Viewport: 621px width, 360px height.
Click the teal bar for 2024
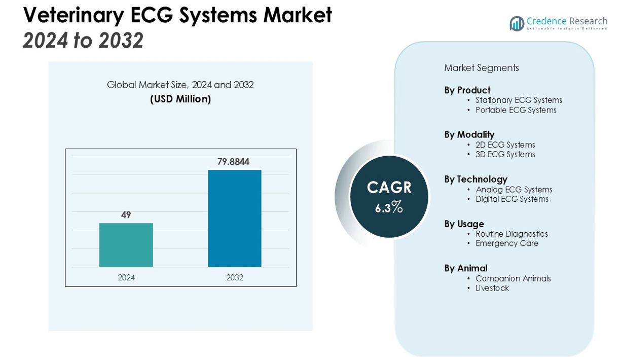tap(126, 245)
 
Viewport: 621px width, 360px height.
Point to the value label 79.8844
tap(233, 162)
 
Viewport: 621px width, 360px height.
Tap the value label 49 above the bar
tap(126, 215)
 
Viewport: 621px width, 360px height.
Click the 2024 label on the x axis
tap(126, 277)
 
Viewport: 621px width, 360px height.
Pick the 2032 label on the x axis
tap(235, 277)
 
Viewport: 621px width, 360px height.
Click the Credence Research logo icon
tap(517, 23)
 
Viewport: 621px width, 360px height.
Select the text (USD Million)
tap(180, 99)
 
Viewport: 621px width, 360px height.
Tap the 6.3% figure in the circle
tap(389, 207)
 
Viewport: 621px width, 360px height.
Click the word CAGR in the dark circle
tap(389, 188)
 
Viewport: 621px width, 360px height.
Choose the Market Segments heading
tap(481, 68)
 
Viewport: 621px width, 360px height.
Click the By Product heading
tap(467, 90)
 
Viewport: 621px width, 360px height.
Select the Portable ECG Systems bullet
tap(516, 110)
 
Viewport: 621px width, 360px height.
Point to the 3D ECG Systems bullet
tap(505, 154)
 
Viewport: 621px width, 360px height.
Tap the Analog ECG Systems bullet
tap(514, 190)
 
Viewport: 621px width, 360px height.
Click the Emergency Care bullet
tap(506, 243)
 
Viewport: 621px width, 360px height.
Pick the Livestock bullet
tap(492, 288)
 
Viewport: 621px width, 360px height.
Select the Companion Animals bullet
tap(513, 278)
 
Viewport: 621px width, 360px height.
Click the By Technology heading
tap(476, 179)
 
